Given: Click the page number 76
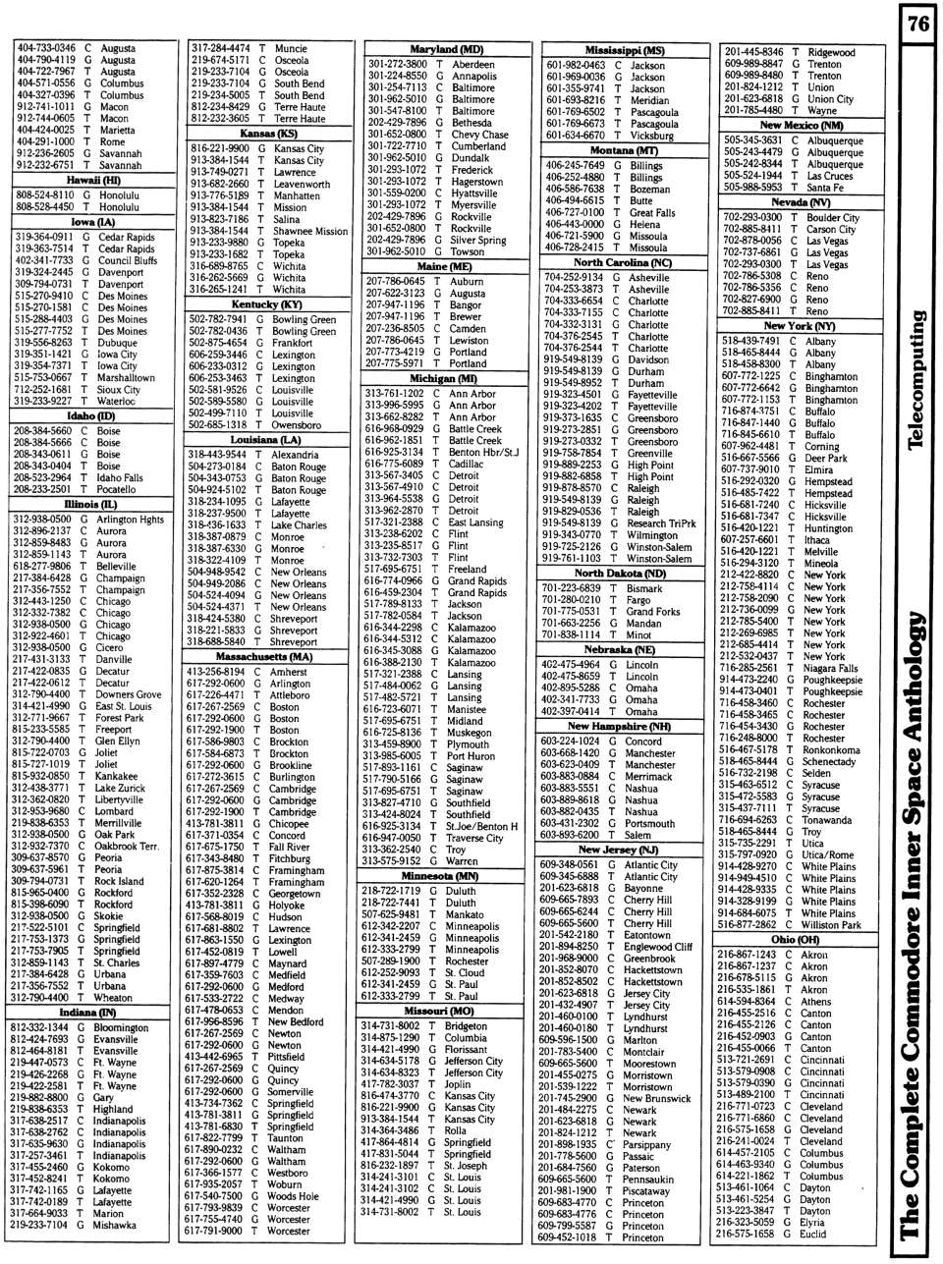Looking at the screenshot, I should tap(918, 24).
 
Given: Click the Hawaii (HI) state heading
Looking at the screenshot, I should tap(93, 181).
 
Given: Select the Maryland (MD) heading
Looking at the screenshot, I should tap(446, 49).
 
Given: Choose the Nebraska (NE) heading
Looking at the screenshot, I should tap(620, 650).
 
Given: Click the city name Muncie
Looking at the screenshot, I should tap(291, 48).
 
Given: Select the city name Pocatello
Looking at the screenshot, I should tap(116, 489).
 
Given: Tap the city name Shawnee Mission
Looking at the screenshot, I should tap(310, 232).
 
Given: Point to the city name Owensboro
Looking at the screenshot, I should tap(296, 425).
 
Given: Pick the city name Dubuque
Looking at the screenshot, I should tap(118, 343).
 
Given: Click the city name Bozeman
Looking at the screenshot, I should tap(649, 190).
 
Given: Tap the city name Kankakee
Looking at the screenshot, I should tap(116, 776).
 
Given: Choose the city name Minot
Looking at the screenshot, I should tap(638, 635).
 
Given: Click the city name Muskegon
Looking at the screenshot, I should tap(469, 733).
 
